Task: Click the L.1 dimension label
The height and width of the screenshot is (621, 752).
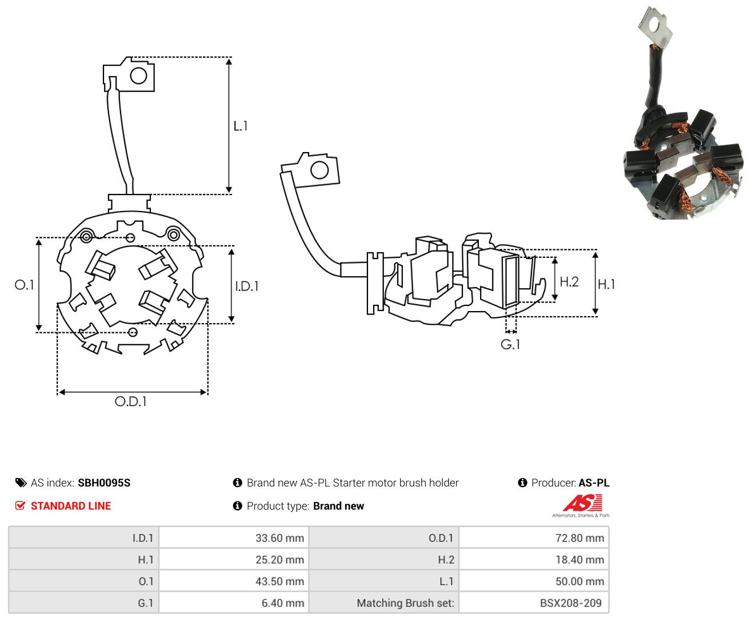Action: pyautogui.click(x=240, y=126)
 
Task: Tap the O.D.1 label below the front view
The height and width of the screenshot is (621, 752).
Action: pyautogui.click(x=131, y=401)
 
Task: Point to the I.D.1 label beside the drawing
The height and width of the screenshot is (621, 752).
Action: pyautogui.click(x=247, y=286)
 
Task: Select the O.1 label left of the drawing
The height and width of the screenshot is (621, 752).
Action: pyautogui.click(x=25, y=285)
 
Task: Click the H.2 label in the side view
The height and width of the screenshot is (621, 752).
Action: pyautogui.click(x=569, y=281)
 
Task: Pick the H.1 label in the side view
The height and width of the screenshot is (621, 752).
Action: pyautogui.click(x=606, y=284)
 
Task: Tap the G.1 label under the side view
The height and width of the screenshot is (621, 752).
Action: pyautogui.click(x=510, y=345)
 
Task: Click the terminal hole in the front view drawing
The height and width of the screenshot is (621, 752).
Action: pyautogui.click(x=139, y=76)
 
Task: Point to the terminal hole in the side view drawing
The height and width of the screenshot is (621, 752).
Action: pyautogui.click(x=319, y=170)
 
